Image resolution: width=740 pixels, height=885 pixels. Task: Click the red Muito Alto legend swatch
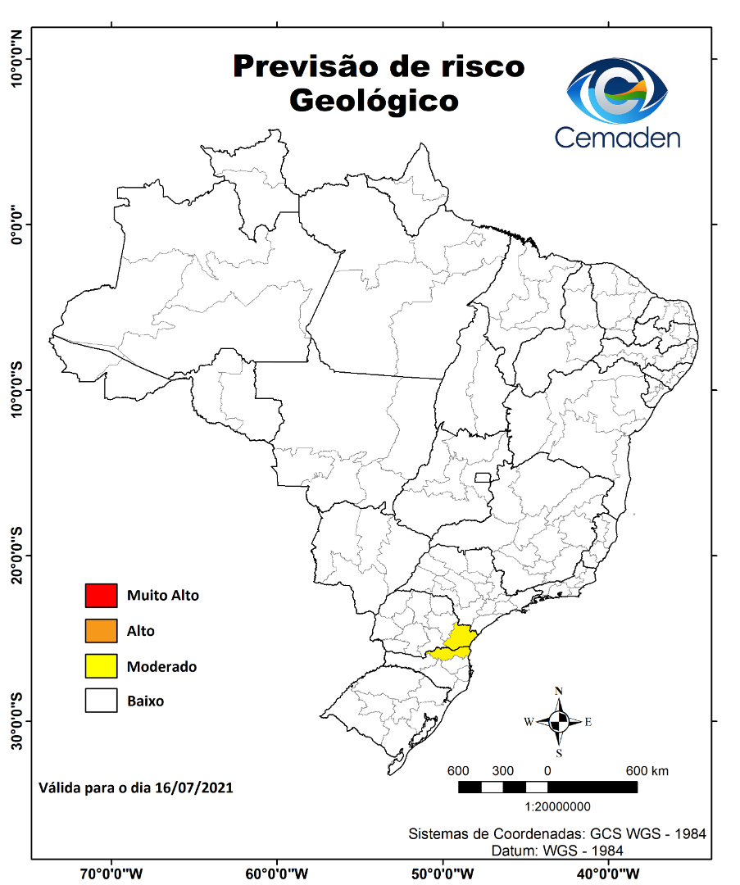click(x=102, y=596)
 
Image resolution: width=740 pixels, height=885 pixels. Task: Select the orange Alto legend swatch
click(x=102, y=631)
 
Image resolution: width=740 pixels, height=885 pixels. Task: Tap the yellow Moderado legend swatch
click(x=102, y=666)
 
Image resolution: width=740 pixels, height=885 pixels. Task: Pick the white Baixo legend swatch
click(x=102, y=701)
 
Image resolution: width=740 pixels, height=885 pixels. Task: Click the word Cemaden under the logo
click(x=617, y=137)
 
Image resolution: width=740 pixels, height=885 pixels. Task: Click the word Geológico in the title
click(x=373, y=101)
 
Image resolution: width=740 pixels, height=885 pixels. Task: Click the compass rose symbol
click(x=559, y=722)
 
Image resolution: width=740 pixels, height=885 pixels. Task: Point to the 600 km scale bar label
click(x=647, y=771)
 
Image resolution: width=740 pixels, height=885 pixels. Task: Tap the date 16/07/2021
click(x=194, y=788)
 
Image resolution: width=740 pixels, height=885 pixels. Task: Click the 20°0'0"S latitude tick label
click(x=16, y=556)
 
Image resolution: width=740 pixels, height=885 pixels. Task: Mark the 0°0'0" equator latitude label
click(x=16, y=224)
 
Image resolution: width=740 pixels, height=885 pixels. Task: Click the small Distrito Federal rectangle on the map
click(x=483, y=478)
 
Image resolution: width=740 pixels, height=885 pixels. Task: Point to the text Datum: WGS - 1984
click(x=557, y=851)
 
